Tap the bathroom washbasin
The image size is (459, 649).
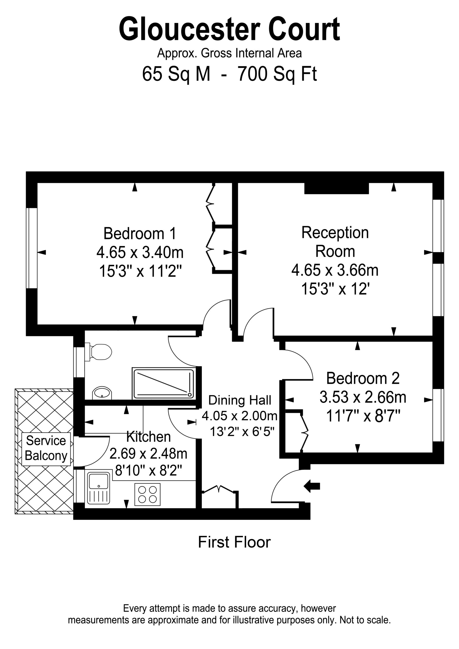click(102, 393)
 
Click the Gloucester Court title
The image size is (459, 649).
click(229, 29)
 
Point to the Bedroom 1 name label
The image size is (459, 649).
click(140, 233)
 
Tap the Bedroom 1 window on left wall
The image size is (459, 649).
click(32, 248)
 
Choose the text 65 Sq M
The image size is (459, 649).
click(176, 74)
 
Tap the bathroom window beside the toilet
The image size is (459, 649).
click(79, 362)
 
